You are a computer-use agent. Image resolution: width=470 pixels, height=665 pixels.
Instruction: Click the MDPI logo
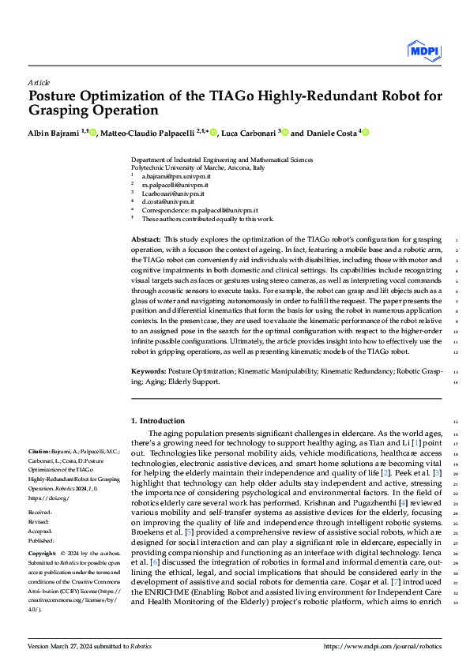pos(424,51)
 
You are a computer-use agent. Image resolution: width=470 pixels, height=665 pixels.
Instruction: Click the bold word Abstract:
pos(145,239)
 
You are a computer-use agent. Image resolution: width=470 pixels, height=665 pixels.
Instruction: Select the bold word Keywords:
pos(148,370)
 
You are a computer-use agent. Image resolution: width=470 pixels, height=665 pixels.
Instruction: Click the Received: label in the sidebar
pos(39,513)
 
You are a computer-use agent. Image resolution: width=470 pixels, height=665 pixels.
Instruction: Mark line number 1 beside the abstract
pos(457,239)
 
